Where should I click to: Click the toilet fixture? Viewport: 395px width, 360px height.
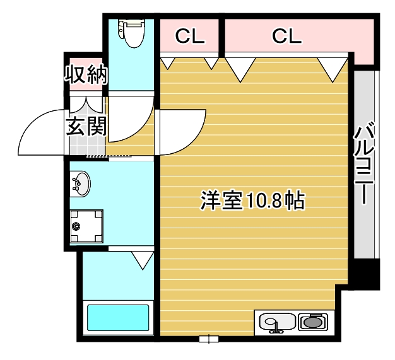(133, 34)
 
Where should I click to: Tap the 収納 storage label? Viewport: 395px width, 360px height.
(85, 74)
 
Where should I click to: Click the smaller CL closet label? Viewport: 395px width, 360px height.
(190, 37)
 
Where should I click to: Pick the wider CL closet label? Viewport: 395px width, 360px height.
(287, 37)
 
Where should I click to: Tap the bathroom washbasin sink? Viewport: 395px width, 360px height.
(80, 183)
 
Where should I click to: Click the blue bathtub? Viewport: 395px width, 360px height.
(117, 318)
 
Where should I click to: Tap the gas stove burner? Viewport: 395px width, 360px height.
(313, 323)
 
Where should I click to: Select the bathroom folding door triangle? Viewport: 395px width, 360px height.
(143, 258)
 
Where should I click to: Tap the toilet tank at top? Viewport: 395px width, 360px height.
(133, 25)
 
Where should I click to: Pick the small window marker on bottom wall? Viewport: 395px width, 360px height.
(204, 339)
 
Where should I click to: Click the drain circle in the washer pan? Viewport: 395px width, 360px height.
(77, 226)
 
